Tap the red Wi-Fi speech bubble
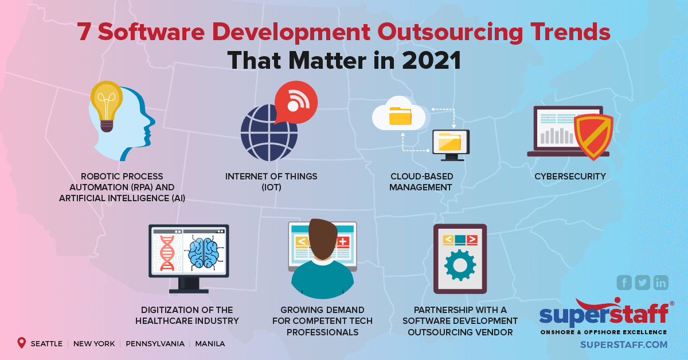click(295, 103)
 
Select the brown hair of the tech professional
click(323, 240)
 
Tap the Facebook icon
click(624, 283)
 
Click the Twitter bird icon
click(643, 283)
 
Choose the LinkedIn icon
click(661, 283)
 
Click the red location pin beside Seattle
click(22, 343)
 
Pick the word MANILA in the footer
click(210, 344)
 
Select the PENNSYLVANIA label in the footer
click(155, 344)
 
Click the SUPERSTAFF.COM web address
click(624, 345)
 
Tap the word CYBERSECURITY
click(570, 177)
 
